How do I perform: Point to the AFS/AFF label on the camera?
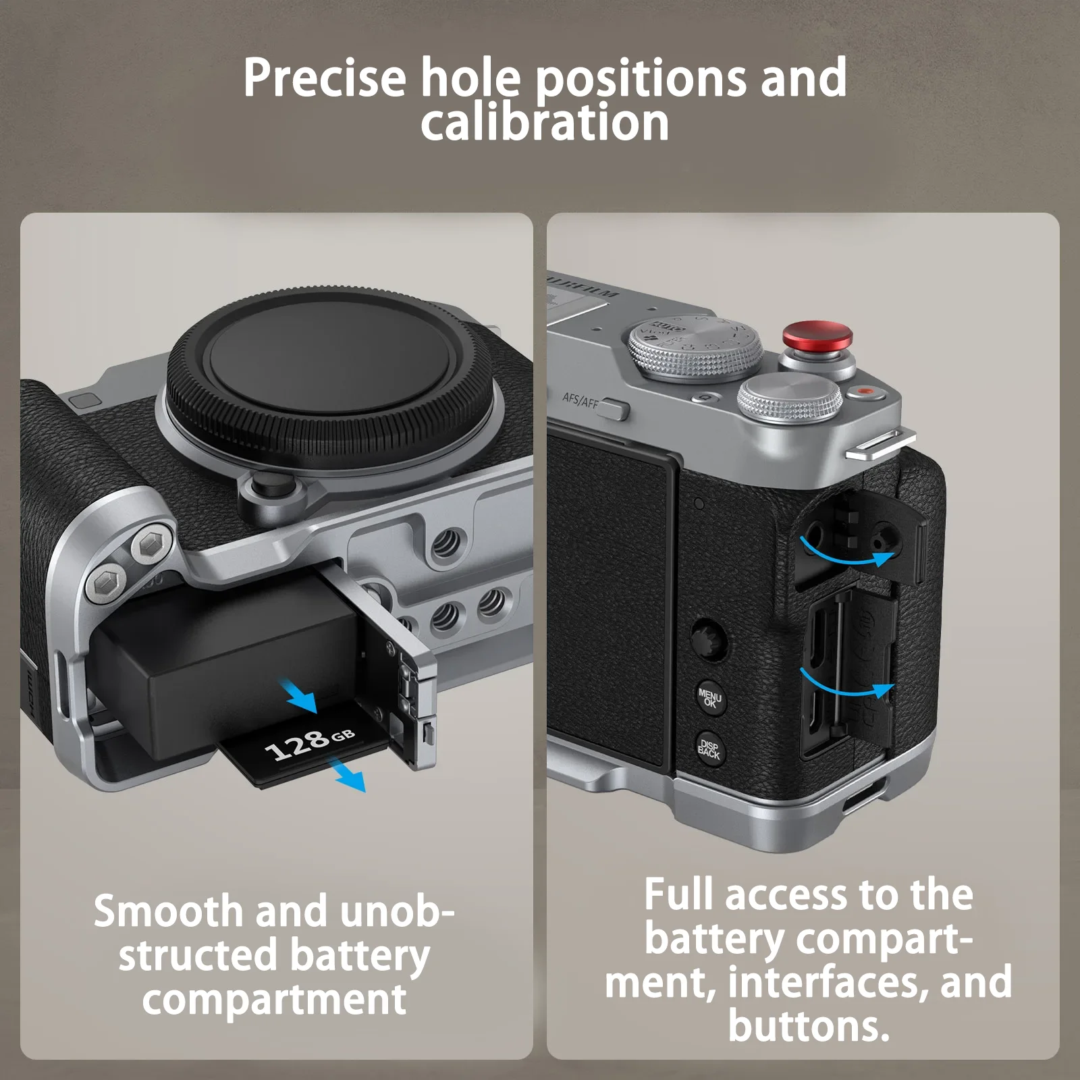click(x=580, y=401)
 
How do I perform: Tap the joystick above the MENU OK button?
click(x=708, y=638)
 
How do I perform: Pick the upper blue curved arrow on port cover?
click(x=848, y=553)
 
